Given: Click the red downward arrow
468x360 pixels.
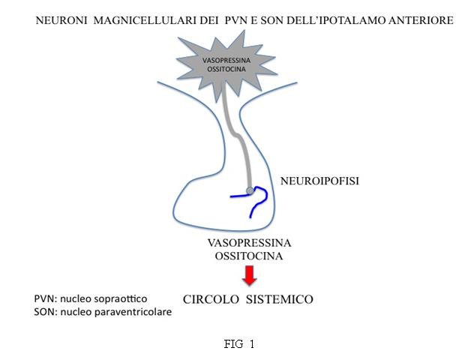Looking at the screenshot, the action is tap(249, 275).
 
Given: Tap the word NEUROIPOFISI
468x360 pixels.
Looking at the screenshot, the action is tap(319, 181).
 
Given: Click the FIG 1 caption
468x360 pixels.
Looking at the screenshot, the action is tap(239, 344).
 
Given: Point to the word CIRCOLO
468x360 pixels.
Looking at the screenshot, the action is tap(211, 299).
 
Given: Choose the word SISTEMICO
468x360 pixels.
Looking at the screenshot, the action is tap(280, 299).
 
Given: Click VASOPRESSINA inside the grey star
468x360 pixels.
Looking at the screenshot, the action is tap(226, 60).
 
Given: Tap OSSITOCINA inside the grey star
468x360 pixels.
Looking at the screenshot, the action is tap(226, 69).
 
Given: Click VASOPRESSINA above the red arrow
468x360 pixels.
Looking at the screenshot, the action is tap(249, 243).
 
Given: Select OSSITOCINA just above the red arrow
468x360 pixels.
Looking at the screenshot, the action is tap(249, 256).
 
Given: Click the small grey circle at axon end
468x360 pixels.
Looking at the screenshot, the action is tap(250, 190).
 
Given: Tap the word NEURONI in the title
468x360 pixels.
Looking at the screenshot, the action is tap(61, 20).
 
